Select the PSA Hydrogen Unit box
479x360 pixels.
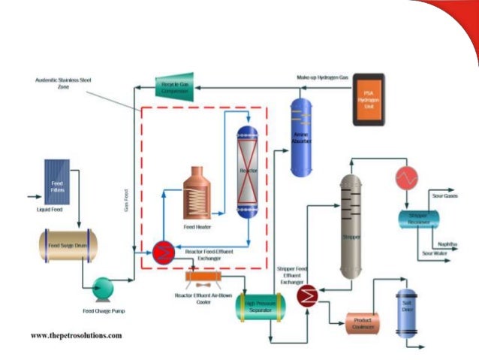pos(369,100)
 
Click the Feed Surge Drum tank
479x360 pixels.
pos(68,246)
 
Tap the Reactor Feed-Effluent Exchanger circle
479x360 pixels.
pos(163,253)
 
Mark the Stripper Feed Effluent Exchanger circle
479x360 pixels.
pos(306,296)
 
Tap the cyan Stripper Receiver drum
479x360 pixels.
pos(418,219)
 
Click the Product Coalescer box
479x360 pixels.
pos(365,323)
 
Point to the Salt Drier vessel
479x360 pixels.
pos(406,310)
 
